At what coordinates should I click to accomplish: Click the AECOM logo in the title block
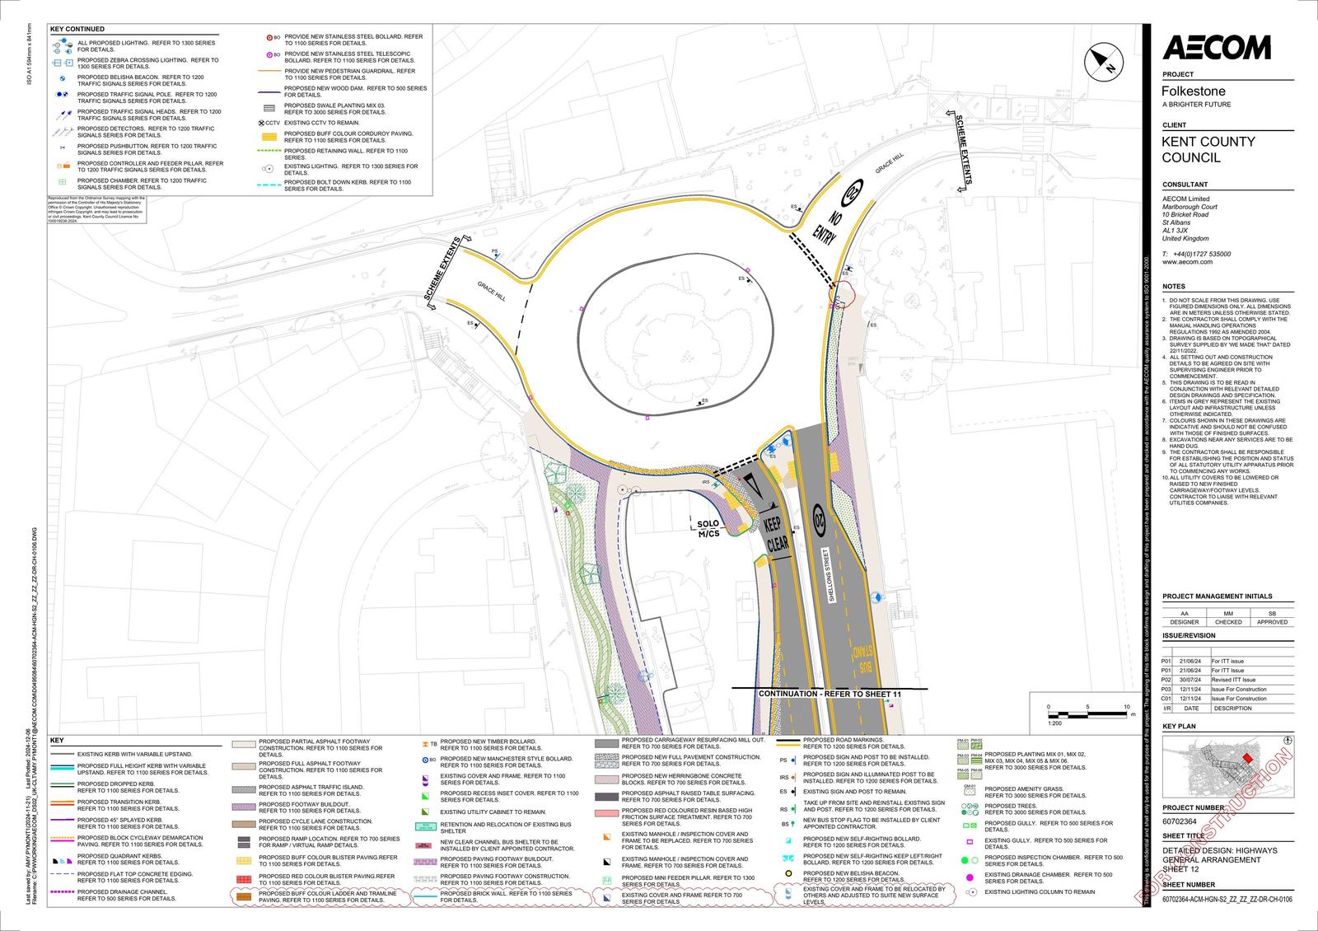click(1216, 48)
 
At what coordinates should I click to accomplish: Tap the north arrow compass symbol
click(1105, 60)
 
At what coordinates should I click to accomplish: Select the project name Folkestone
click(1194, 91)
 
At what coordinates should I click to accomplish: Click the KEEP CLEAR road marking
click(776, 534)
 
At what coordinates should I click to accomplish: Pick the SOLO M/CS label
click(708, 528)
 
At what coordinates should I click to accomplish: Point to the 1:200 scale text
click(1054, 723)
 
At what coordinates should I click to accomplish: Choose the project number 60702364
click(1182, 821)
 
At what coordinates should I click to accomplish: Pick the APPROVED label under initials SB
click(1272, 622)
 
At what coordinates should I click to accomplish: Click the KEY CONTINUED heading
click(77, 29)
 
